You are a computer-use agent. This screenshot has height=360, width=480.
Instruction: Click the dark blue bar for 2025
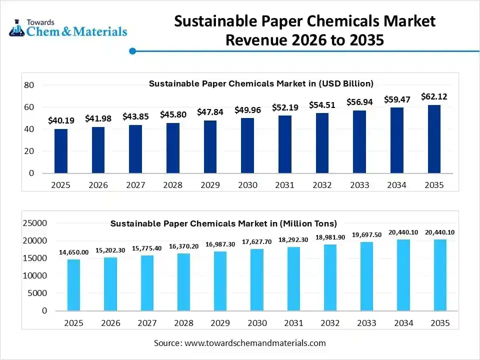click(x=61, y=151)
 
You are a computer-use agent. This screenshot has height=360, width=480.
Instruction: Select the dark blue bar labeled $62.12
click(x=434, y=139)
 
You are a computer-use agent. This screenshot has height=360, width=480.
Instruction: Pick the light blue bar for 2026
click(x=110, y=283)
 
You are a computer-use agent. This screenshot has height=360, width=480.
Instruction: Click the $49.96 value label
click(x=247, y=110)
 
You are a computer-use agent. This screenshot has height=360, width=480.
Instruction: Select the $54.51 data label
click(x=322, y=105)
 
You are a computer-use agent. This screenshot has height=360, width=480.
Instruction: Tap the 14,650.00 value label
click(x=73, y=252)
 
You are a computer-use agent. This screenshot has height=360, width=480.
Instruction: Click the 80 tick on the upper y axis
click(x=29, y=85)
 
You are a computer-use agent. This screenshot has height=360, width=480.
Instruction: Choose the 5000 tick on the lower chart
click(x=37, y=293)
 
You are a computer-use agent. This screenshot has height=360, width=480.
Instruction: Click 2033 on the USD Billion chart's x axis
click(x=359, y=185)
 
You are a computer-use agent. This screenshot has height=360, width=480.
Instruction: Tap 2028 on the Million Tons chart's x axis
click(x=184, y=323)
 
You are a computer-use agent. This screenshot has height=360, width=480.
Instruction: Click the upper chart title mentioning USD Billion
click(x=261, y=83)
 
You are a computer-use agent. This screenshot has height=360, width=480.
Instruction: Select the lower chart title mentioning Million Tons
click(x=223, y=223)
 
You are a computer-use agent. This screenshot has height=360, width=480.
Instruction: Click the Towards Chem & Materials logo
click(x=68, y=28)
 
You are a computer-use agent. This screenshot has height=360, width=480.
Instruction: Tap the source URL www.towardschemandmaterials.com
click(x=255, y=343)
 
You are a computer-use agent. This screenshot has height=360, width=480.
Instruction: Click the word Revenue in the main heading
click(x=255, y=39)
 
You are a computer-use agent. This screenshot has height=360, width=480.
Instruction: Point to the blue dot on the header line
click(x=132, y=51)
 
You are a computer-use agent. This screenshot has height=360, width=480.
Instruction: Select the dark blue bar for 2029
click(x=210, y=146)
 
